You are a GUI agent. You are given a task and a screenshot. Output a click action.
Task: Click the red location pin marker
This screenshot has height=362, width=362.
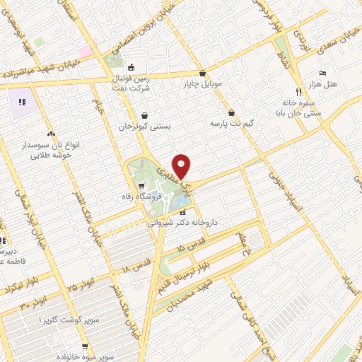click(x=182, y=165)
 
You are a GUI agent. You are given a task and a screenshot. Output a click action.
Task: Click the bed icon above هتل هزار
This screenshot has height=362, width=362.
click(x=322, y=74)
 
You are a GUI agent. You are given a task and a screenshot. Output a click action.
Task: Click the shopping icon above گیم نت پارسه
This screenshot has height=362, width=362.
click(x=232, y=112)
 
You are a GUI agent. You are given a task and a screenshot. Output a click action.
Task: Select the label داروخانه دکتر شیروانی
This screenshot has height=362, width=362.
click(x=184, y=222)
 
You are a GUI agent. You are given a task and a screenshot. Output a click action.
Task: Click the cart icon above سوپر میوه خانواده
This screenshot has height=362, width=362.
click(x=85, y=347)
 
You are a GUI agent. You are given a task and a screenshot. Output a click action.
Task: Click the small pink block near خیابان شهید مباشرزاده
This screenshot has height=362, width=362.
click(x=86, y=51)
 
